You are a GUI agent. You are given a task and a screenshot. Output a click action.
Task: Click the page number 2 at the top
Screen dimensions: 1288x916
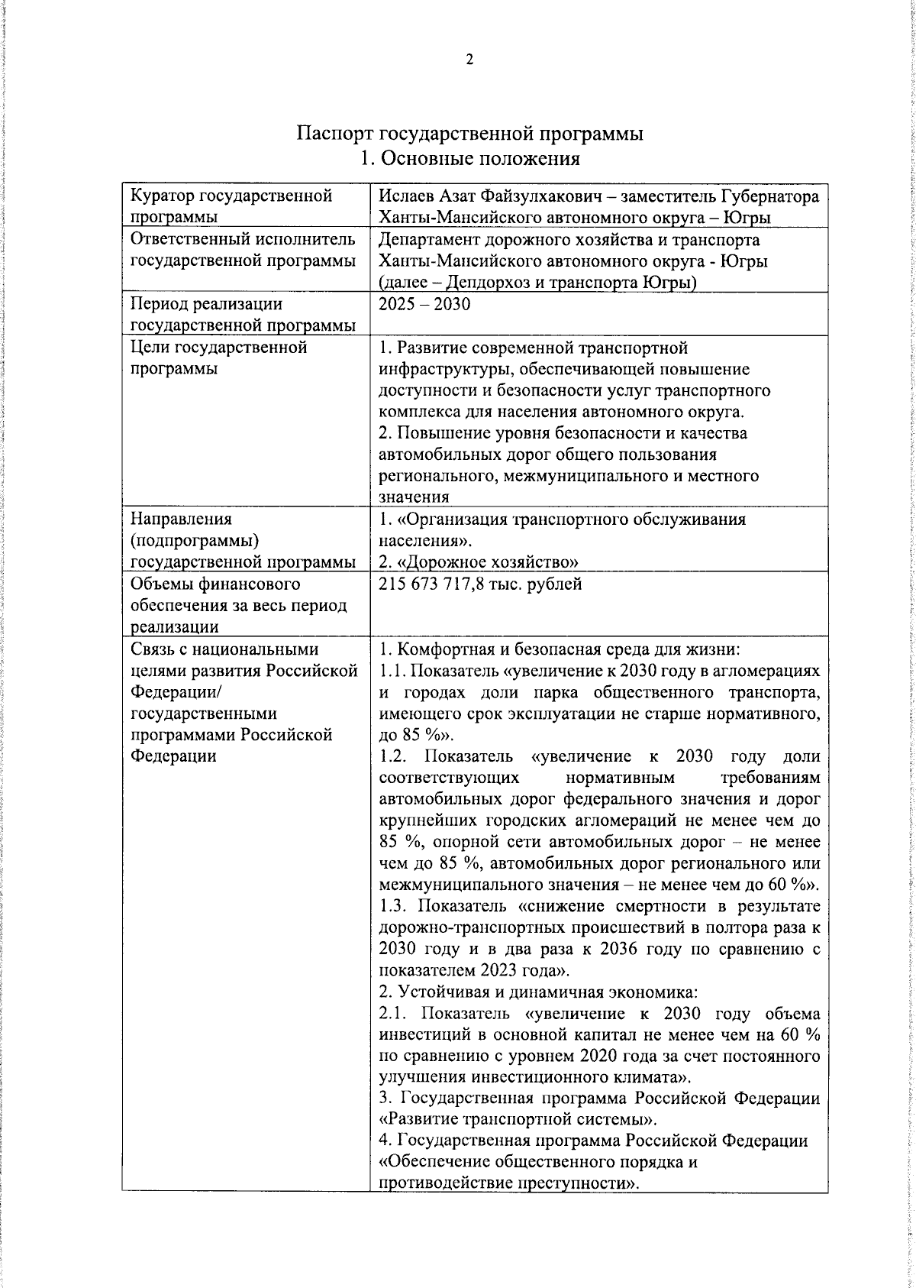pyautogui.click(x=469, y=60)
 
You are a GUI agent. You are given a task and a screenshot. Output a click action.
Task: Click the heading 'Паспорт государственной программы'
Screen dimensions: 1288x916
pyautogui.click(x=469, y=134)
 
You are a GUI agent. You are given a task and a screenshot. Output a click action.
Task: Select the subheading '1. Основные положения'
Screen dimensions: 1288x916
pyautogui.click(x=469, y=159)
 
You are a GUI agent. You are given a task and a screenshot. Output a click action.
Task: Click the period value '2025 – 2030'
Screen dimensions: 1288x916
pyautogui.click(x=424, y=304)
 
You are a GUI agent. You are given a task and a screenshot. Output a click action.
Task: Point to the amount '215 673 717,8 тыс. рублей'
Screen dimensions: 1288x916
pyautogui.click(x=480, y=584)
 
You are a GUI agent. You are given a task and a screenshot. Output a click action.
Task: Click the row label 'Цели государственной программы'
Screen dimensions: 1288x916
pyautogui.click(x=218, y=358)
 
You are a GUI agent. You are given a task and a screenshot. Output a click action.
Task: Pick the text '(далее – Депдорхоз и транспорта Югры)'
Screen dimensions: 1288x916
pyautogui.click(x=537, y=283)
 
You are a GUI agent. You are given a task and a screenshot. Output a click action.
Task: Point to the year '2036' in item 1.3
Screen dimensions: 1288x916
pyautogui.click(x=619, y=950)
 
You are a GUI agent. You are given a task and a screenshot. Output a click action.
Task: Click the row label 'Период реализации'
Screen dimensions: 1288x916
pyautogui.click(x=206, y=304)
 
